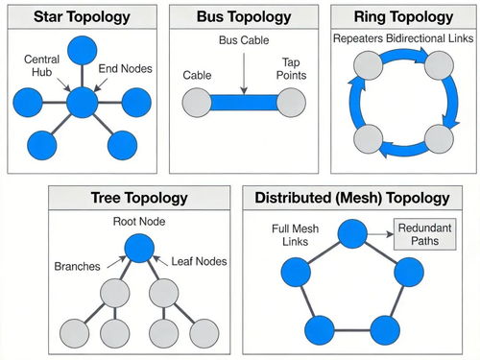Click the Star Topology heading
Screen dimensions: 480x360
pyautogui.click(x=82, y=16)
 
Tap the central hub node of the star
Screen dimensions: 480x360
pyautogui.click(x=83, y=103)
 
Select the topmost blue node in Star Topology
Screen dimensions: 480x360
pyautogui.click(x=83, y=51)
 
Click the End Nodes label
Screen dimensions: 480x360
pyautogui.click(x=125, y=68)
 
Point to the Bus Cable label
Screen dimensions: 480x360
pyautogui.click(x=244, y=40)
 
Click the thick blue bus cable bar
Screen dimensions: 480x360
pyautogui.click(x=244, y=103)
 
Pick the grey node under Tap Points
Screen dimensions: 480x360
pyautogui.click(x=291, y=103)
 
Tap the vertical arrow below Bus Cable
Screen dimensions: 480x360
pyautogui.click(x=244, y=74)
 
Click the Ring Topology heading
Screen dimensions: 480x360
pyautogui.click(x=403, y=16)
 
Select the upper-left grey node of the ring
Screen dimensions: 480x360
pyautogui.click(x=369, y=65)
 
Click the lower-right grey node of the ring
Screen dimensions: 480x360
pyautogui.click(x=439, y=139)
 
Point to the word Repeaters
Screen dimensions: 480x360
pyautogui.click(x=358, y=38)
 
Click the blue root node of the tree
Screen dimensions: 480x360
pyautogui.click(x=139, y=248)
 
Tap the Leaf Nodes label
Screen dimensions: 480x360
pyautogui.click(x=199, y=261)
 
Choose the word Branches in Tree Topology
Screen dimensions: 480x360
pyautogui.click(x=77, y=266)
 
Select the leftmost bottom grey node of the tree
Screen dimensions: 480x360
pyautogui.click(x=74, y=333)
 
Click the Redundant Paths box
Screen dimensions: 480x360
pyautogui.click(x=424, y=234)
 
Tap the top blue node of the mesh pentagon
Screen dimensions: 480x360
pyautogui.click(x=352, y=234)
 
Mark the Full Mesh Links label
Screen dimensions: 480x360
pyautogui.click(x=295, y=235)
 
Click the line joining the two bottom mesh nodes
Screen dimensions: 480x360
pyautogui.click(x=352, y=330)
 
